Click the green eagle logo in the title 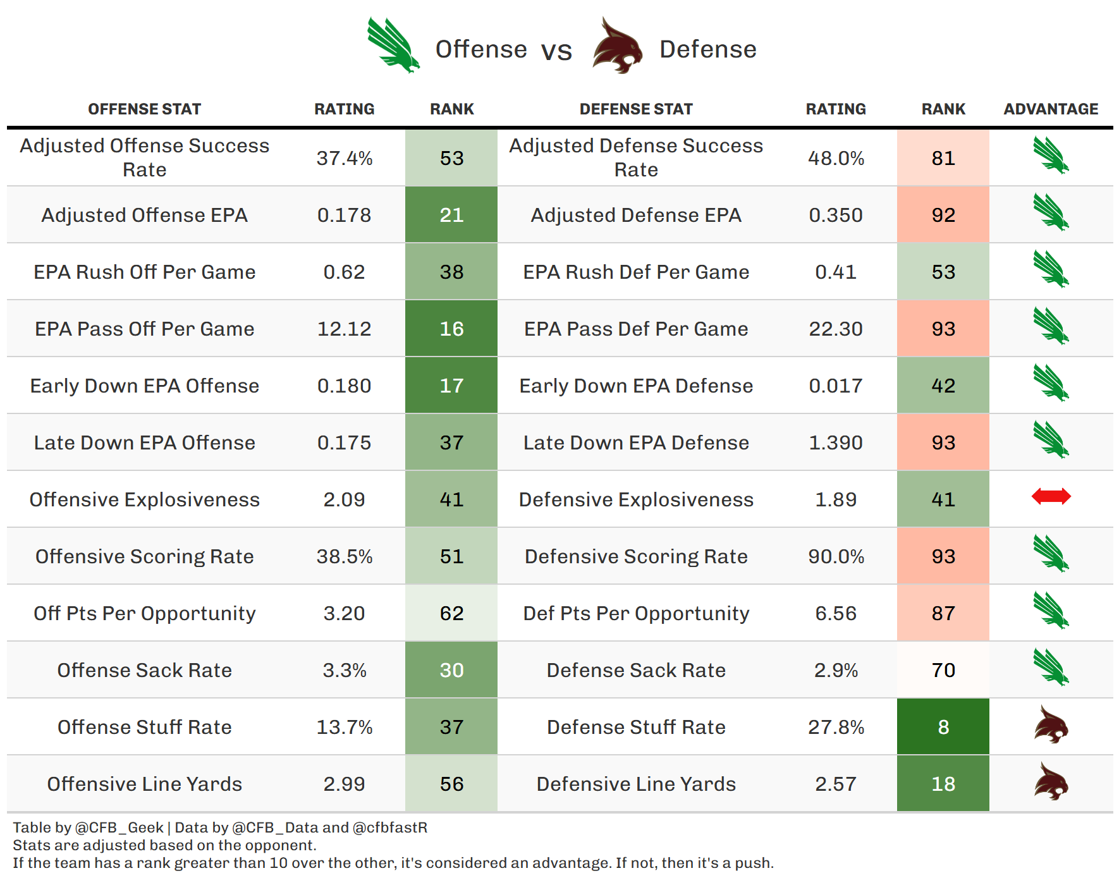point(393,46)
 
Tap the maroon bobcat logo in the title point(617,46)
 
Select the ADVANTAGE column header point(1051,109)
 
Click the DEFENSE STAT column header point(636,109)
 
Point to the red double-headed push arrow point(1051,496)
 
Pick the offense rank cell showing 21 point(451,215)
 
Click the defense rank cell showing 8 point(943,727)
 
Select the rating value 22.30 point(836,329)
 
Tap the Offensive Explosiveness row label point(145,499)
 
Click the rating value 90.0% point(836,556)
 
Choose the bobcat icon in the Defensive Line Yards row point(1051,781)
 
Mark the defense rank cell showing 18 point(943,784)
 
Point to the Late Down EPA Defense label point(636,442)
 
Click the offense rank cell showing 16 point(451,329)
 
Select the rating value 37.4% point(345,158)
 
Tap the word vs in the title point(556,51)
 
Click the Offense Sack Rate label point(145,670)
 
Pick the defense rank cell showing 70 point(943,670)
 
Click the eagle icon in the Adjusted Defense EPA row point(1051,212)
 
